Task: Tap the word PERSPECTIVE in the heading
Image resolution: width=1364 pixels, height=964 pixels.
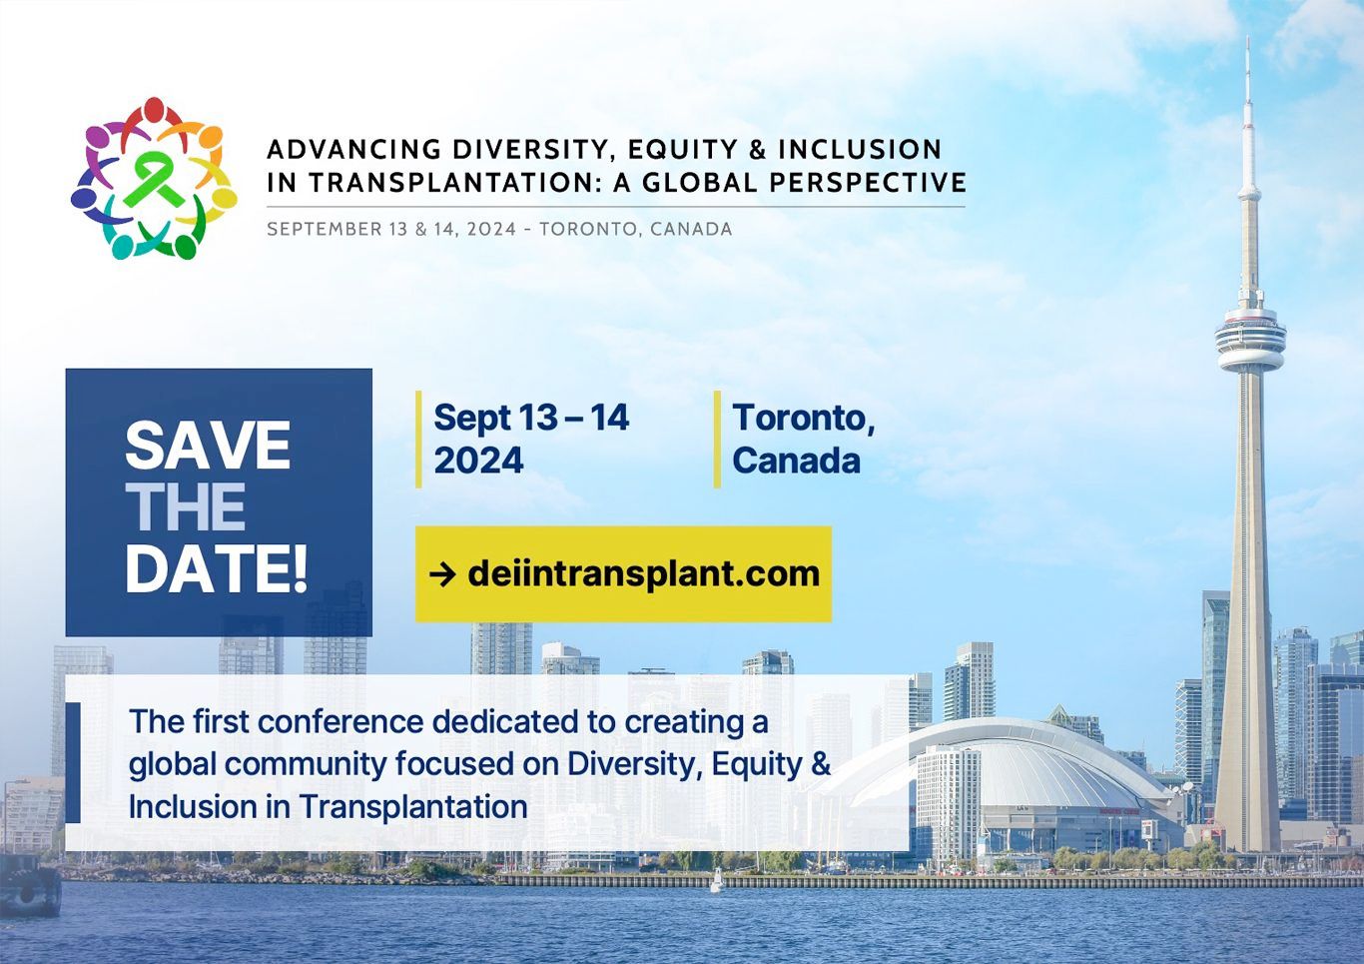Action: pos(868,182)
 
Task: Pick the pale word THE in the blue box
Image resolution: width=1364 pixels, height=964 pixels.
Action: pos(185,506)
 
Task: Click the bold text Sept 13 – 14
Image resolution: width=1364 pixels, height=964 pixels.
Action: pos(531,418)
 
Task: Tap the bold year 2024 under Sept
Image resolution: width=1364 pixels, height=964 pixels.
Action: pos(478,461)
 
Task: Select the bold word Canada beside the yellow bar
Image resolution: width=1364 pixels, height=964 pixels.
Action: pos(796,461)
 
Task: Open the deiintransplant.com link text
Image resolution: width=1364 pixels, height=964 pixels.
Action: pos(644,574)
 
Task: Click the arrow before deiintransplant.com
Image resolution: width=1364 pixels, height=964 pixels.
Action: pos(442,574)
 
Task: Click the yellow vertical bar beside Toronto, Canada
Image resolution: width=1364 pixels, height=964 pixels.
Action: pos(717,439)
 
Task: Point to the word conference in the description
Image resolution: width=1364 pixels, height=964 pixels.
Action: pos(341,721)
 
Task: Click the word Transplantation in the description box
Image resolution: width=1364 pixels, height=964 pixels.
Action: pos(412,807)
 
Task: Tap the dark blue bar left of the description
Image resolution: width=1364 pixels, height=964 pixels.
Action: pos(73,762)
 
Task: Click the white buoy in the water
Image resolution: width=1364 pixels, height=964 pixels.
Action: pos(717,880)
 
